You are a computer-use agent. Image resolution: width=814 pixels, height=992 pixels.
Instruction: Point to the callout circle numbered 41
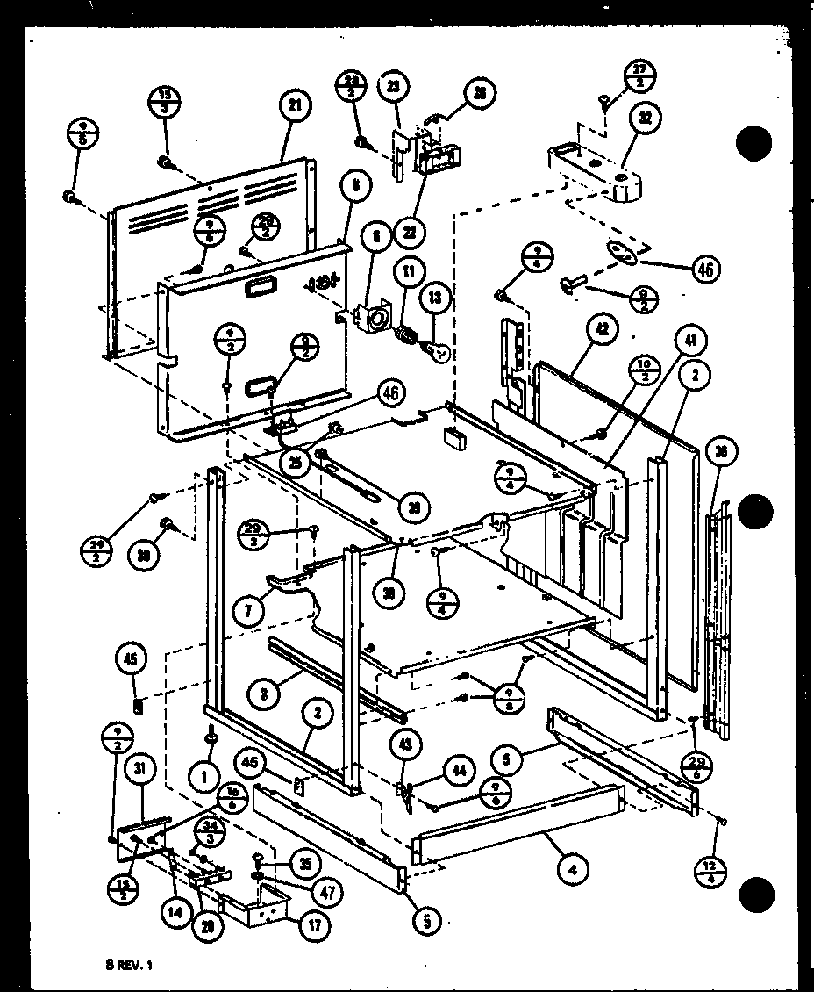pyautogui.click(x=693, y=341)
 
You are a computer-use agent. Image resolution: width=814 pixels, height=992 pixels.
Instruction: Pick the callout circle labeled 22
pyautogui.click(x=410, y=233)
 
